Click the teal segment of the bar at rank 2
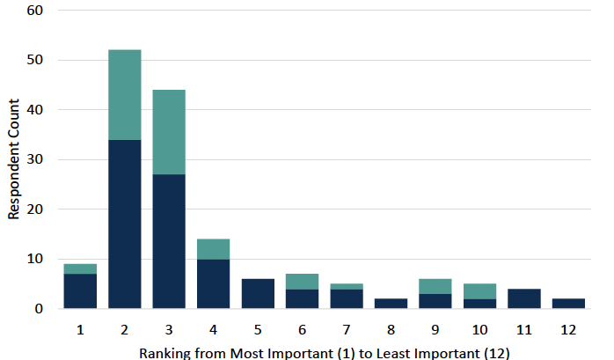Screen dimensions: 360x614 coord(124,94)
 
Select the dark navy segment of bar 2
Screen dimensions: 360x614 coord(124,224)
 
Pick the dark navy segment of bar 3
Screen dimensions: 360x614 coord(169,241)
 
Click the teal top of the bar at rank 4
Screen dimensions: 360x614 coord(213,249)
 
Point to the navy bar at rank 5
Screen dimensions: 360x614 coord(258,294)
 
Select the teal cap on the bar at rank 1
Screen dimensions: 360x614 coord(80,268)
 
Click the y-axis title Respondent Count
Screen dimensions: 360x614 coord(13,159)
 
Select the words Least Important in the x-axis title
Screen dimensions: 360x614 coord(428,350)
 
